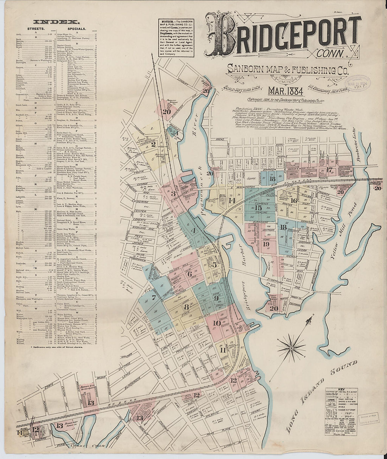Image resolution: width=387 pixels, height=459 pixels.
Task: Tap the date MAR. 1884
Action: click(285, 91)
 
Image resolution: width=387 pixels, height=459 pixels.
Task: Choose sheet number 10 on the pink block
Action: click(217, 323)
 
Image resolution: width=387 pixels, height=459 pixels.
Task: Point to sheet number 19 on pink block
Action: click(266, 244)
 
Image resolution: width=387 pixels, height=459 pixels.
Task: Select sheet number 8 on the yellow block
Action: click(186, 306)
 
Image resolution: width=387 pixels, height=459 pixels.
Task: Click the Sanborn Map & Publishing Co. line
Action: click(288, 69)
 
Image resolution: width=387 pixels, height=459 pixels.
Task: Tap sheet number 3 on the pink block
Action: click(173, 193)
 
